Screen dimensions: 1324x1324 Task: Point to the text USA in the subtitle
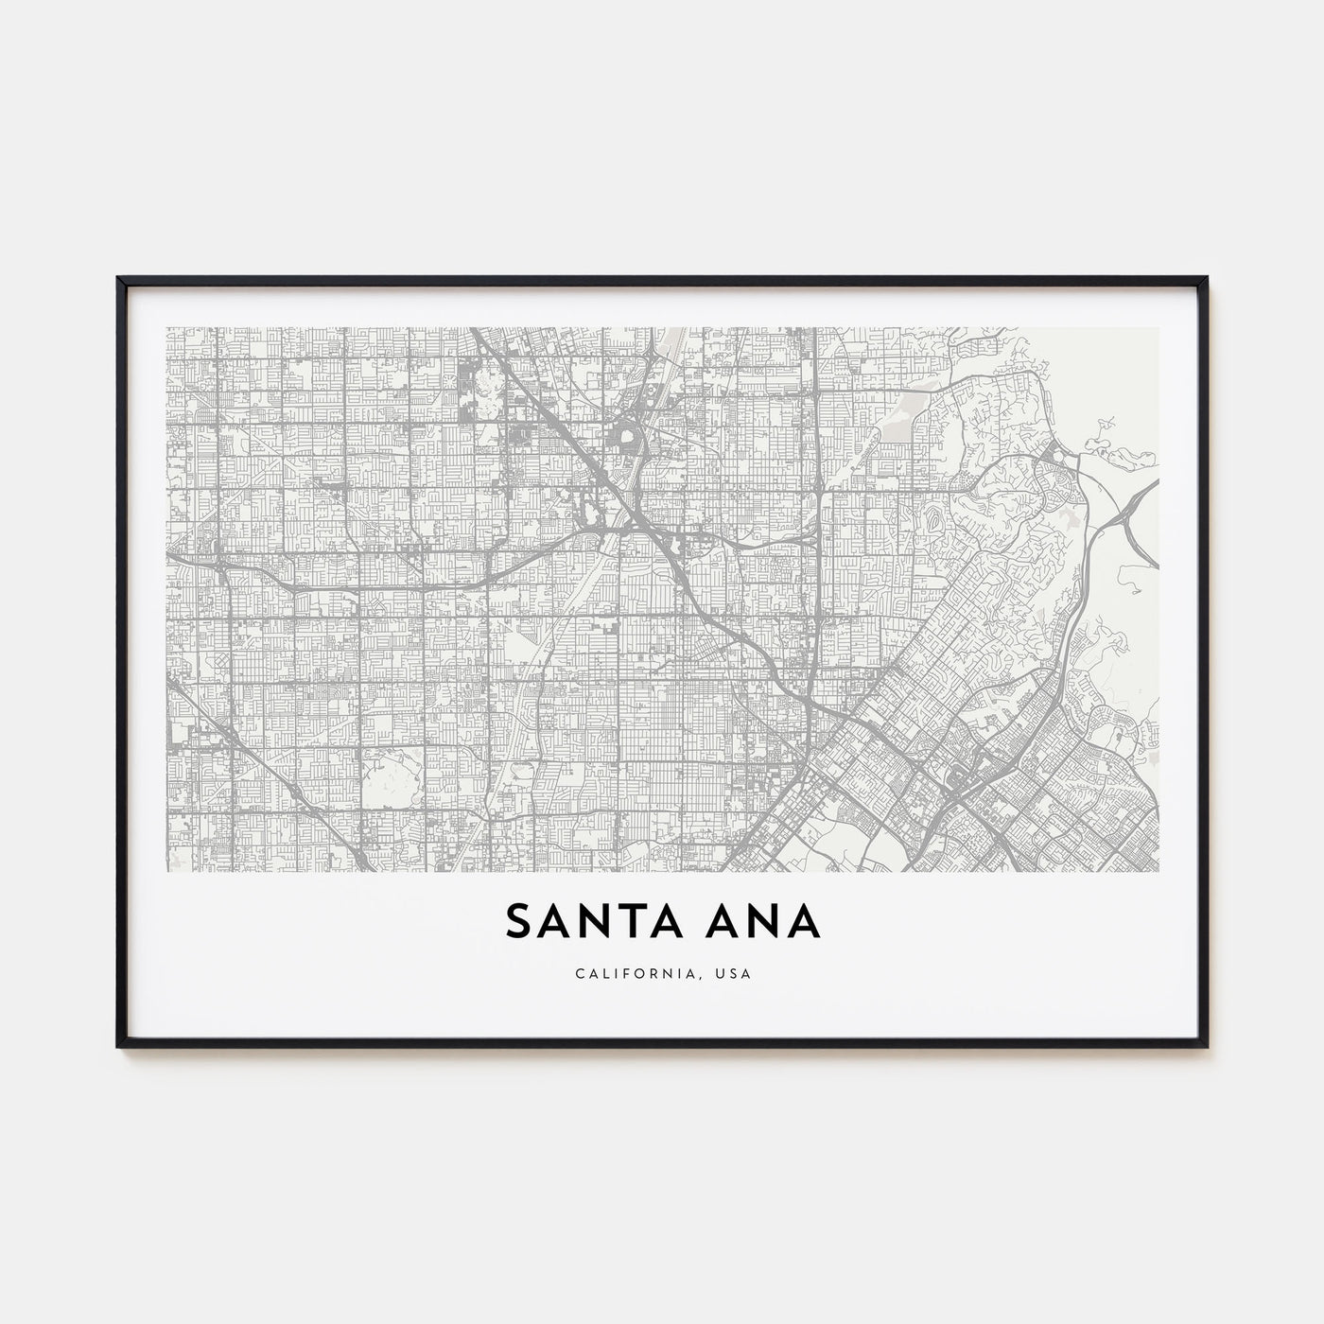pos(735,973)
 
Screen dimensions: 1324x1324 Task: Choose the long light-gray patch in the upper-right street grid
pos(893,430)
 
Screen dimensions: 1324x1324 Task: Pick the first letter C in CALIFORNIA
pos(577,973)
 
